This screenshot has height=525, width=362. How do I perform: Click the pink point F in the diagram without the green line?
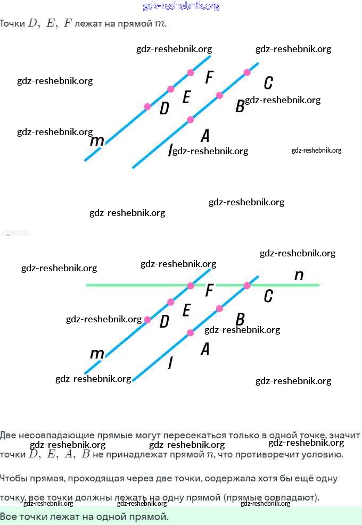pos(191,72)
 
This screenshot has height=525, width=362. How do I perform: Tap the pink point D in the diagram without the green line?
pos(147,106)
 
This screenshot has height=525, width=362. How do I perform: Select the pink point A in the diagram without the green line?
pos(191,120)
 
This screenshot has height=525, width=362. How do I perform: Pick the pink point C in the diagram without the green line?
pos(247,72)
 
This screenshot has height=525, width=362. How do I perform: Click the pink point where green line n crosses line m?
pos(191,286)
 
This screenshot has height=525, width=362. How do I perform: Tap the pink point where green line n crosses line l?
pos(247,286)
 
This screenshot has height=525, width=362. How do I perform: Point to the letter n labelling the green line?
pos(299,275)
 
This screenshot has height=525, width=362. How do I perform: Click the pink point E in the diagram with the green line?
pos(171,302)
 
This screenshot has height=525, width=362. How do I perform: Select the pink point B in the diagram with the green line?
pos(219,308)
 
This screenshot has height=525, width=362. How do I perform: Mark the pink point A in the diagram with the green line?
pos(191,332)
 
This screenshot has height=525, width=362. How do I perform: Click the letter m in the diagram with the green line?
pos(97,354)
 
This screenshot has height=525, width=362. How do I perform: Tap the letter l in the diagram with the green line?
pos(170,363)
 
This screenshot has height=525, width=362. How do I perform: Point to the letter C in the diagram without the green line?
pos(268,83)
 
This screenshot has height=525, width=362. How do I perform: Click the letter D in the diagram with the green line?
pos(164,321)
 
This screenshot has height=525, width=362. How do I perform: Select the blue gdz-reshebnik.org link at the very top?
pos(181,6)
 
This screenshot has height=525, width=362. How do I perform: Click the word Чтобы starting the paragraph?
pos(12,478)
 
